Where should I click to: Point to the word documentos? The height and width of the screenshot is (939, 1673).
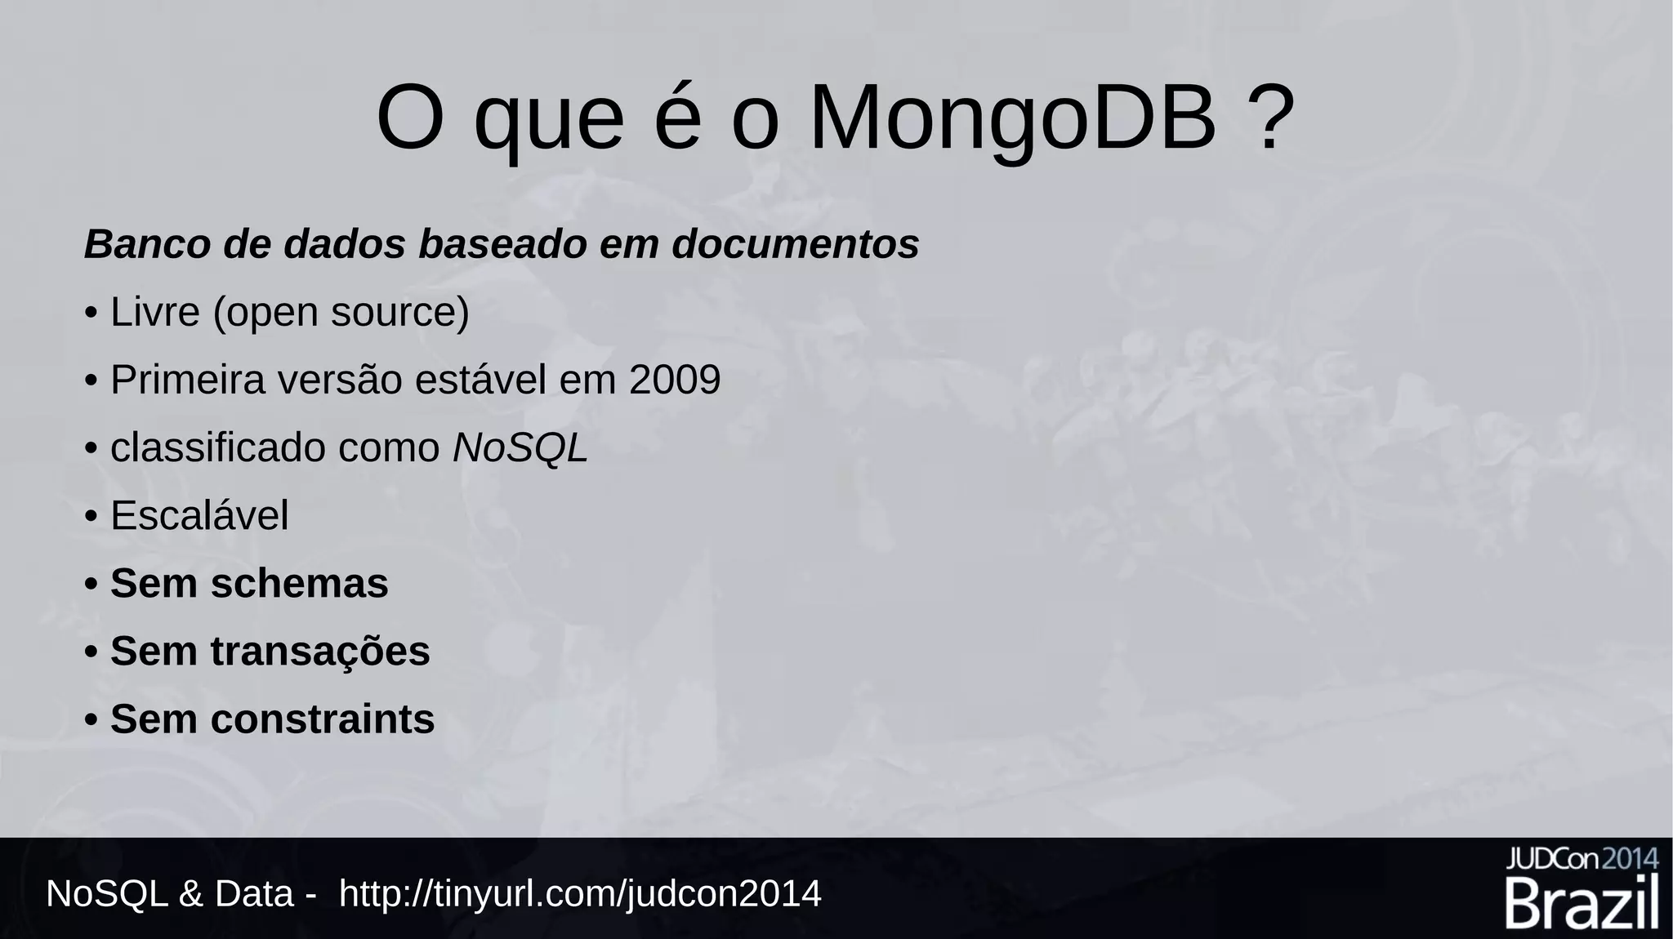(796, 244)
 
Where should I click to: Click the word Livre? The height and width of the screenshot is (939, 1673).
(155, 312)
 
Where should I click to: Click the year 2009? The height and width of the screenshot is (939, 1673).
(675, 380)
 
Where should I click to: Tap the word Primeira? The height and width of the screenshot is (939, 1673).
(188, 380)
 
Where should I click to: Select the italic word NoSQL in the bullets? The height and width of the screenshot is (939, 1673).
(520, 448)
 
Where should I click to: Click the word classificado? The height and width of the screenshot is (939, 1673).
(218, 448)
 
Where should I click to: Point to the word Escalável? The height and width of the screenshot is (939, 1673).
(199, 516)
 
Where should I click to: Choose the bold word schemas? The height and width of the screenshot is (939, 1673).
(300, 584)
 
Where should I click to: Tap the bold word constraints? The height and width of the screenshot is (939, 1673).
(323, 719)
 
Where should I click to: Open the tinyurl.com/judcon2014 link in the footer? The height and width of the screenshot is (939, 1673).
(580, 894)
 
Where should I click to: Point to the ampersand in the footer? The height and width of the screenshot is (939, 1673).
(190, 894)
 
